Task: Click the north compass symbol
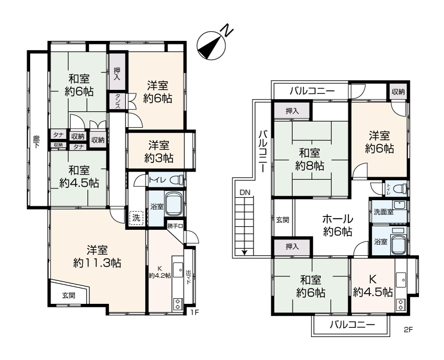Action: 213,45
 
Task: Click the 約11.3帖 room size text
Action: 97,263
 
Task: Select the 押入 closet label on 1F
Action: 116,74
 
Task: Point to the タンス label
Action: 117,101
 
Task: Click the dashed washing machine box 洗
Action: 136,218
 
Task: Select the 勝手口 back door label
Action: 175,226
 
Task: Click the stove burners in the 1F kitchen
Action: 178,304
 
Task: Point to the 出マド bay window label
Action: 189,278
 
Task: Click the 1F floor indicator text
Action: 195,313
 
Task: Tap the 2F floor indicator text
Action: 409,330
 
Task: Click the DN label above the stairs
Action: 245,193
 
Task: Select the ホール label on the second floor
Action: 338,219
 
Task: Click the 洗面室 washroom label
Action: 384,212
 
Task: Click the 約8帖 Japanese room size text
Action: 310,166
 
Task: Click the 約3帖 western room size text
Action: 159,158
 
